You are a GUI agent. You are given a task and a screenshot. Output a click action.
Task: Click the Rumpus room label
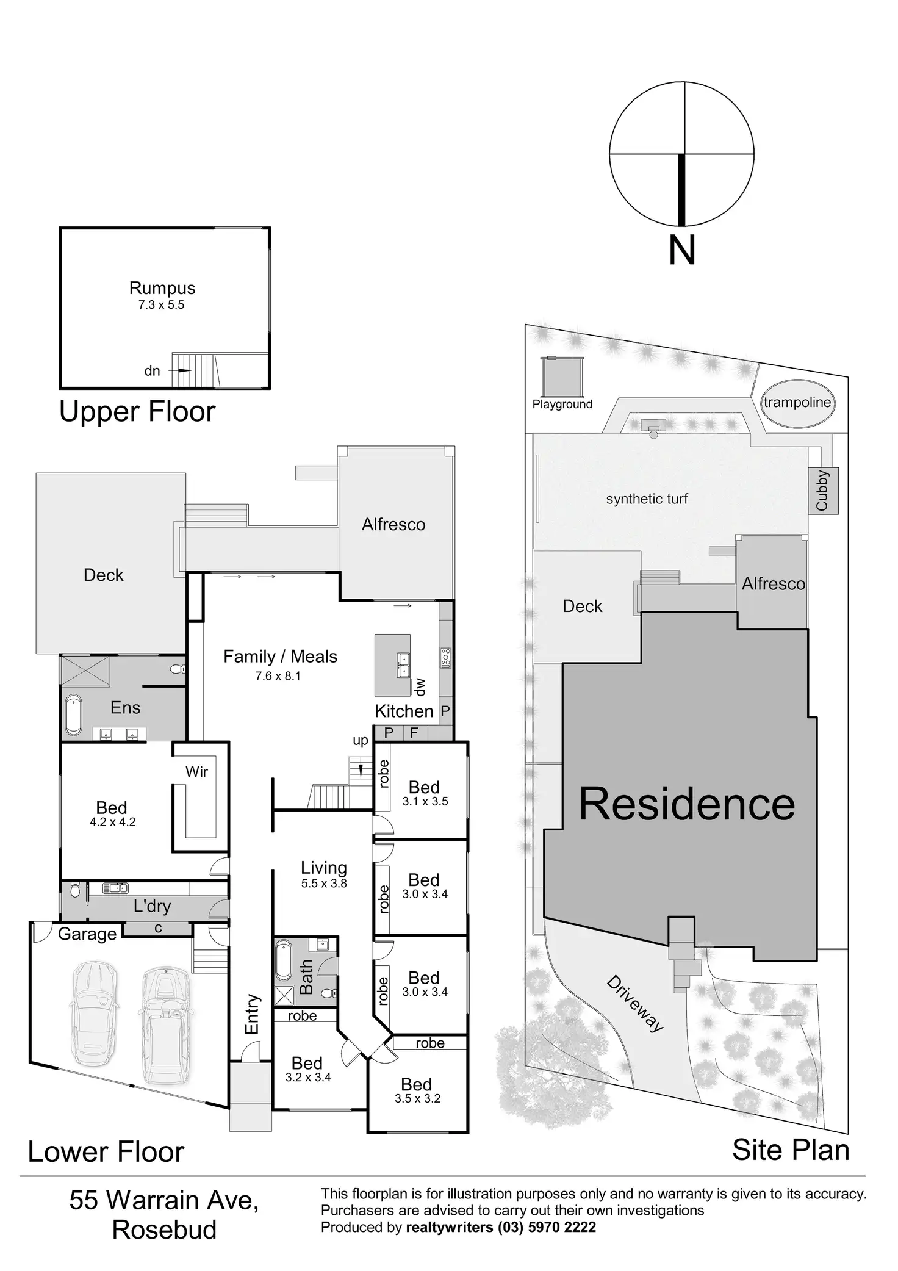[x=162, y=288]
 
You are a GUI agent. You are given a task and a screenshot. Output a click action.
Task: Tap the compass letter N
[x=682, y=250]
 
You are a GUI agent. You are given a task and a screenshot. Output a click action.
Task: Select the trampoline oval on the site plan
[x=797, y=403]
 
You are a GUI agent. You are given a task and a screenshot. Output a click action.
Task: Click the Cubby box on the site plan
[x=823, y=491]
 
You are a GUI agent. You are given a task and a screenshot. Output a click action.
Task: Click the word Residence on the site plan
[x=687, y=804]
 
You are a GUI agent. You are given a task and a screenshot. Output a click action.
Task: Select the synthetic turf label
[x=647, y=499]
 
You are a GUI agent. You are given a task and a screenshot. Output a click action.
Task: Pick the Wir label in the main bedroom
[x=196, y=772]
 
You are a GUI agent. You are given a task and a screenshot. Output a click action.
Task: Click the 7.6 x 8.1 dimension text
[x=278, y=676]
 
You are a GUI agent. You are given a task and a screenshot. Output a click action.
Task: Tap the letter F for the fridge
[x=414, y=733]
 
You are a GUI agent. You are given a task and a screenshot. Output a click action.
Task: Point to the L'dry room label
[x=152, y=906]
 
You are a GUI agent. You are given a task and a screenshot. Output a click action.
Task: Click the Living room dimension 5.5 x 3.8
[x=324, y=883]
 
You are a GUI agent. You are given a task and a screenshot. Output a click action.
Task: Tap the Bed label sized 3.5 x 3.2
[x=417, y=1084]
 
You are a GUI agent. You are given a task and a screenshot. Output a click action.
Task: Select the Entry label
[x=252, y=1014]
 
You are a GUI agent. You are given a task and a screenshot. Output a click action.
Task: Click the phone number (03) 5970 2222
[x=547, y=1227]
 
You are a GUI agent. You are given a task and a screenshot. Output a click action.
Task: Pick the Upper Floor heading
[x=137, y=412]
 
